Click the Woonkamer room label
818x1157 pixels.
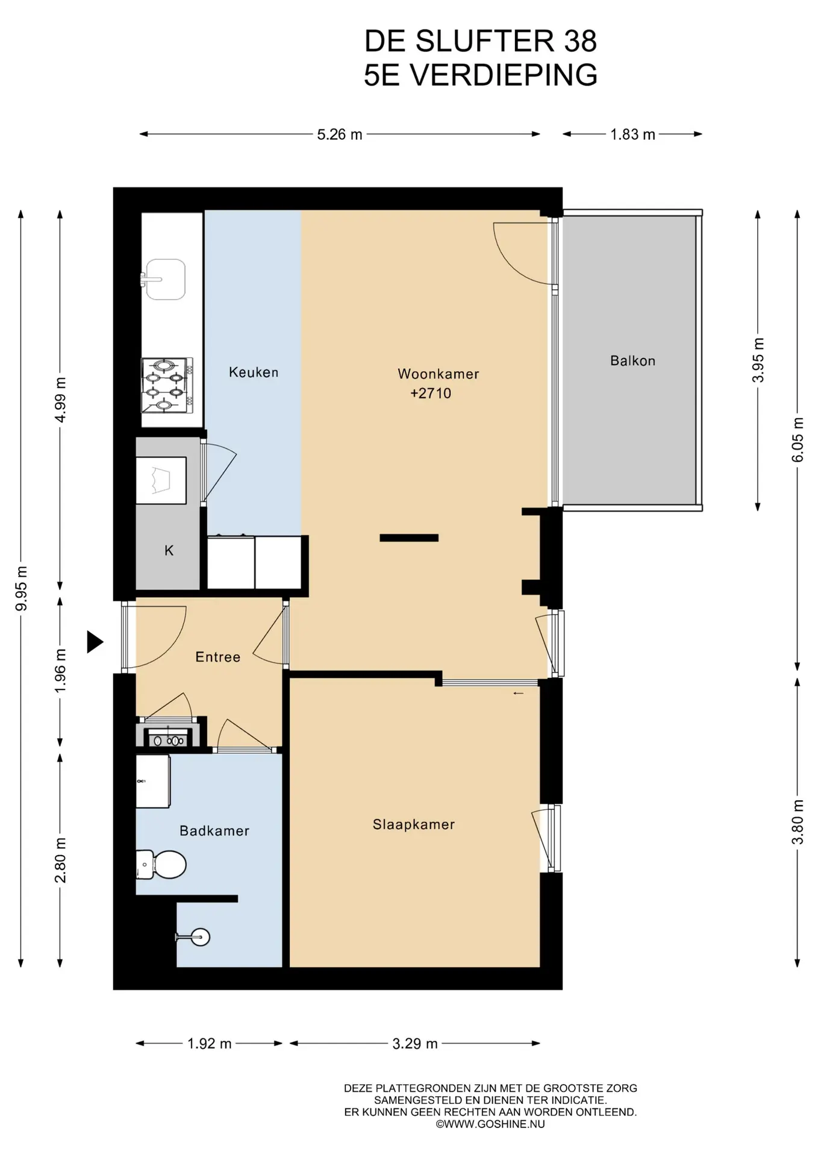click(438, 374)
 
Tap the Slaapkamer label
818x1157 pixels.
click(414, 824)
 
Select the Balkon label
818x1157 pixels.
click(632, 361)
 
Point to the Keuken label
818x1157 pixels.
click(254, 372)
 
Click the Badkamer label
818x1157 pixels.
click(214, 831)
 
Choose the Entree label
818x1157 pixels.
click(218, 657)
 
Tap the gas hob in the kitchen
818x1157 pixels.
click(167, 386)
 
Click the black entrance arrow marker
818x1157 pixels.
click(95, 642)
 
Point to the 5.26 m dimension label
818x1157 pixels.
click(340, 134)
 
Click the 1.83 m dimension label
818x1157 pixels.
click(632, 134)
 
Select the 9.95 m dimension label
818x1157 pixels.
click(21, 588)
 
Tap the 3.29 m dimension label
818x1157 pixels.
click(415, 1043)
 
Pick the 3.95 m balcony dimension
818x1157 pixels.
click(758, 360)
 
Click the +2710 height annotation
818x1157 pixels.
click(431, 394)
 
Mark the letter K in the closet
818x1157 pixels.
click(169, 550)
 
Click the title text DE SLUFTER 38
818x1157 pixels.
click(481, 41)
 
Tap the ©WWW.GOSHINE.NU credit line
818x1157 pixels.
click(490, 1124)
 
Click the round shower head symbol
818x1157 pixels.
click(201, 937)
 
